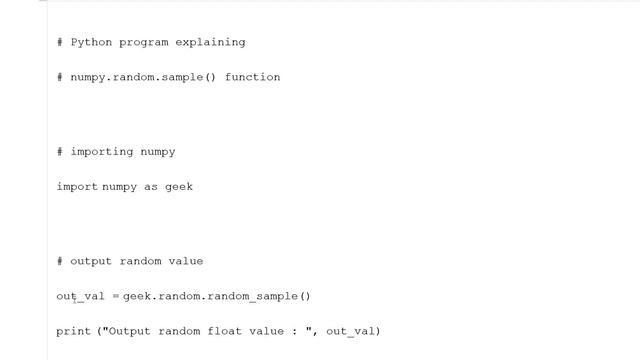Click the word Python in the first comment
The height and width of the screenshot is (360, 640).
(x=91, y=43)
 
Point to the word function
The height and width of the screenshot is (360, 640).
(x=252, y=77)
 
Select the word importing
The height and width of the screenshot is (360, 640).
(x=102, y=152)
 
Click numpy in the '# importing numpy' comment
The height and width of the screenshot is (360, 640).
(x=158, y=152)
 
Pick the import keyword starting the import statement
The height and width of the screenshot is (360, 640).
(x=77, y=187)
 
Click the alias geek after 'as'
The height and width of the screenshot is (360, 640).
(x=179, y=187)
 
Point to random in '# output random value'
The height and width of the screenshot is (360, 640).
(x=140, y=261)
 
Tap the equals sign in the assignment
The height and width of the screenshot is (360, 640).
(x=115, y=296)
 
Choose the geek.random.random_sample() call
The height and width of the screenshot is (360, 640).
(x=217, y=296)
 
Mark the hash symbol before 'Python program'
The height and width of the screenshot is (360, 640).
(x=60, y=43)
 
